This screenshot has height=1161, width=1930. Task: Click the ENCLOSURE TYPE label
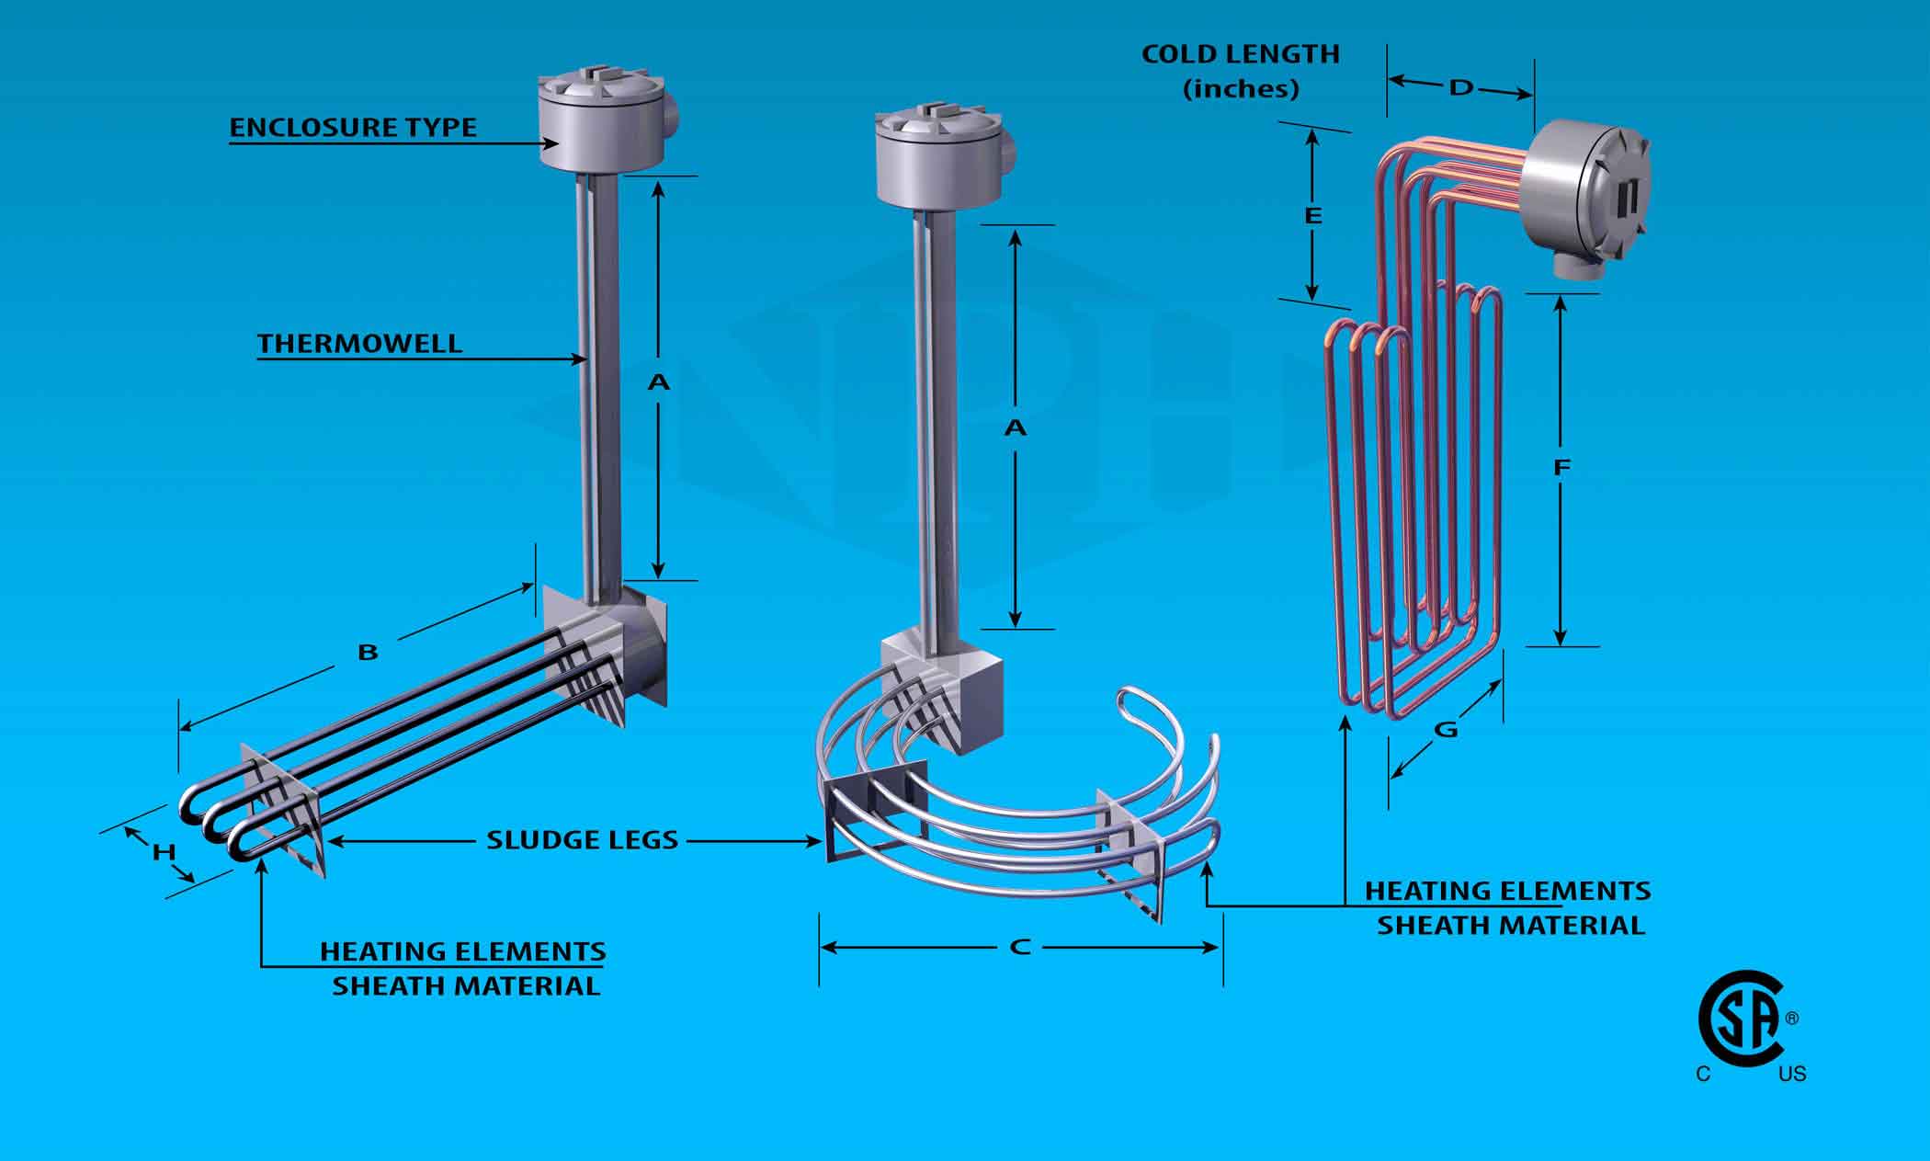pyautogui.click(x=353, y=127)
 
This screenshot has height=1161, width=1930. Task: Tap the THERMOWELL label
pyautogui.click(x=359, y=344)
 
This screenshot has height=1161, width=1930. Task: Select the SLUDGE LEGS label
pyautogui.click(x=582, y=839)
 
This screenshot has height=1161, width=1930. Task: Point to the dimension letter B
pyautogui.click(x=368, y=653)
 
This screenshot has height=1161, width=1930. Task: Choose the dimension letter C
pyautogui.click(x=1019, y=947)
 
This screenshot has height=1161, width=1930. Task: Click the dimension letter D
pyautogui.click(x=1460, y=88)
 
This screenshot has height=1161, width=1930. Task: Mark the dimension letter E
pyautogui.click(x=1313, y=216)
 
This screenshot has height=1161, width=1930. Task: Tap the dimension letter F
pyautogui.click(x=1561, y=468)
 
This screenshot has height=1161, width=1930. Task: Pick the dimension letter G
pyautogui.click(x=1446, y=730)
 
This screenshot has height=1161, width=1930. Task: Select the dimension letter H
pyautogui.click(x=164, y=852)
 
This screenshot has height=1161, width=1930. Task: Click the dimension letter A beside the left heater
pyautogui.click(x=658, y=381)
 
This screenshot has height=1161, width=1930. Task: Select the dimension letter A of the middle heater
pyautogui.click(x=1015, y=427)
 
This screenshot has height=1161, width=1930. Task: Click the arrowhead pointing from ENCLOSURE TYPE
pyautogui.click(x=553, y=142)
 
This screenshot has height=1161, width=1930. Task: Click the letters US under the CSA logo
pyautogui.click(x=1791, y=1074)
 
